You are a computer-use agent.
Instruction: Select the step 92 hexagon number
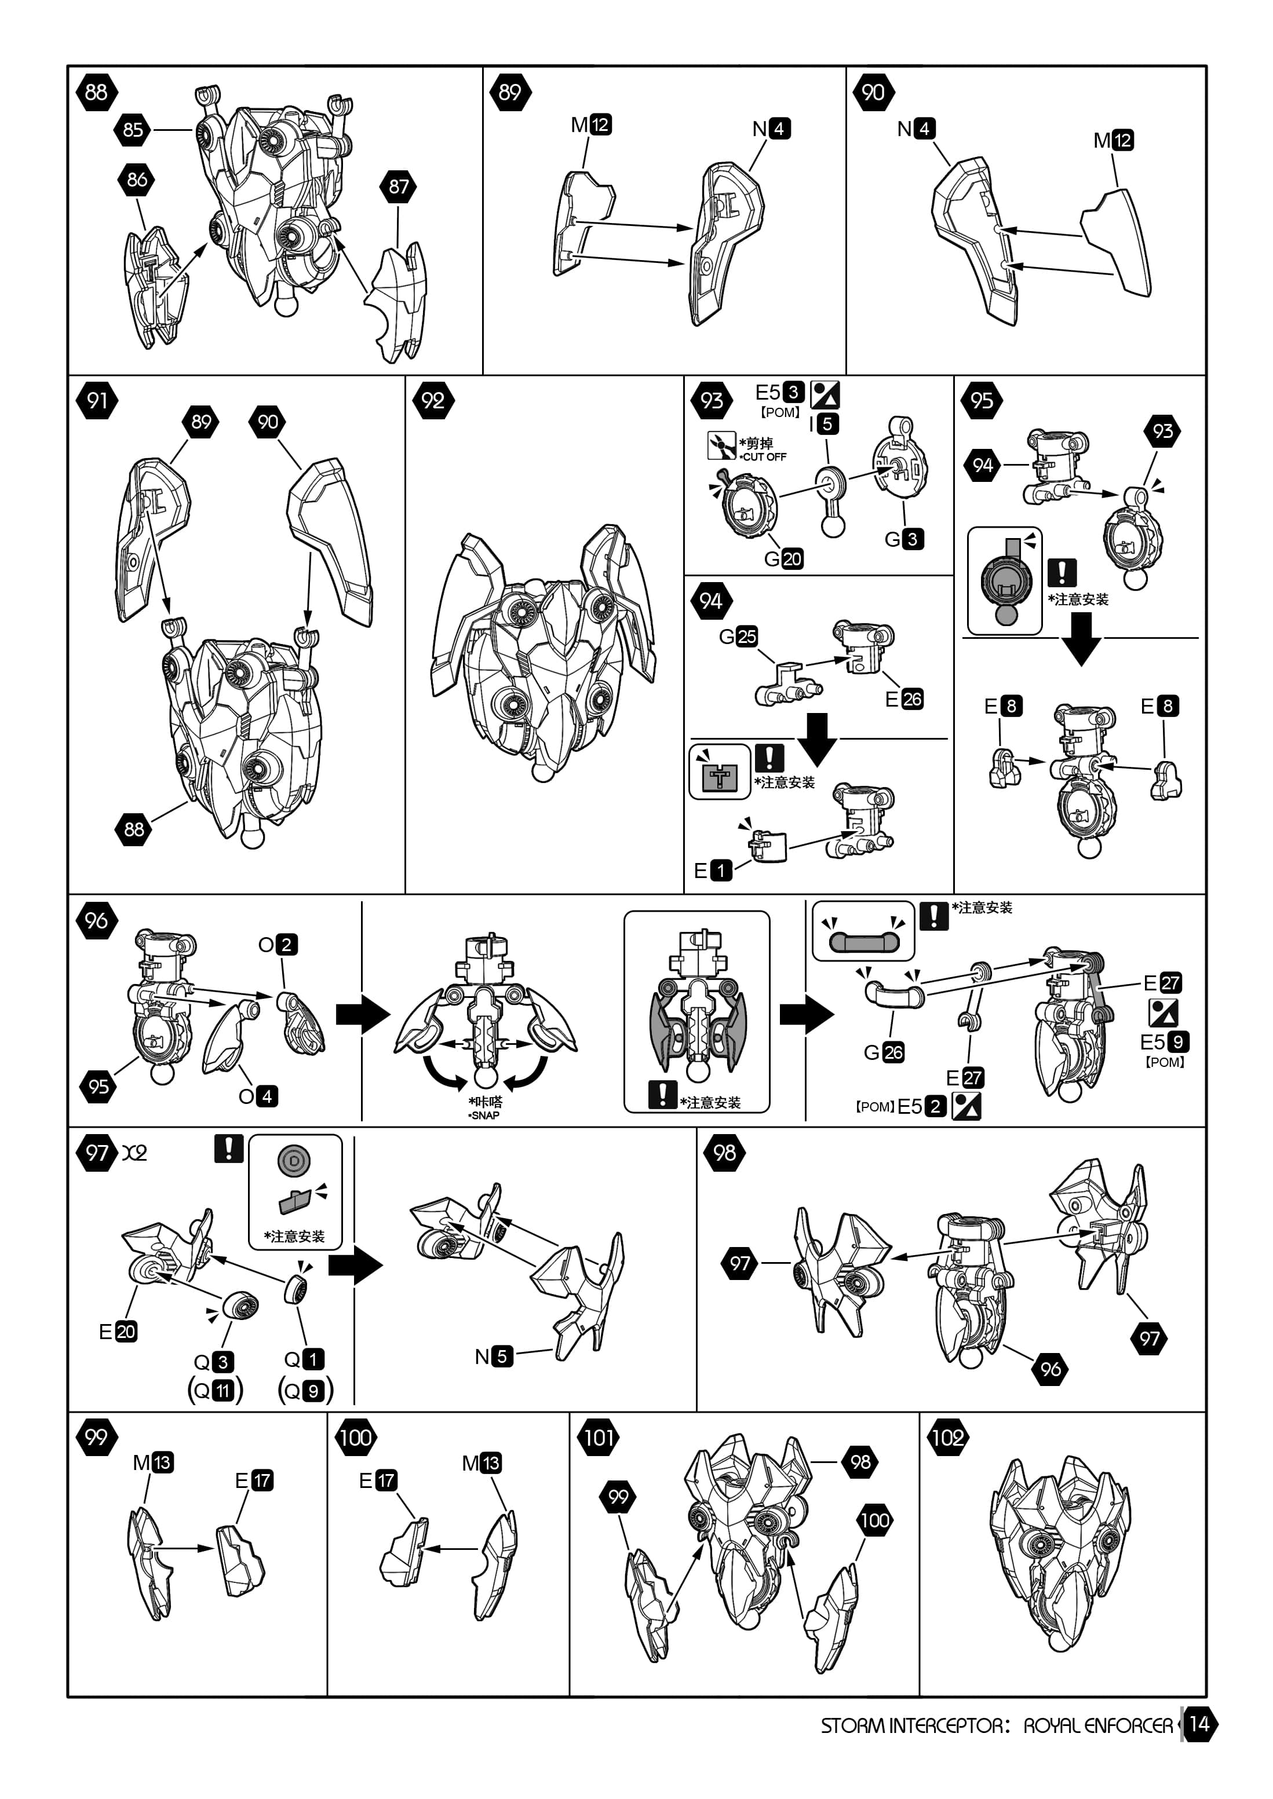[x=433, y=401]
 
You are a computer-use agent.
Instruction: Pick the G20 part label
[x=783, y=559]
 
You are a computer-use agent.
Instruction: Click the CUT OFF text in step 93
[x=764, y=457]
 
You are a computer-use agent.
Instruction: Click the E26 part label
[x=904, y=699]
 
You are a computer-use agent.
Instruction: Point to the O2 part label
[x=278, y=944]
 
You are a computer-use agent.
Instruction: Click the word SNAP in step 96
[x=484, y=1115]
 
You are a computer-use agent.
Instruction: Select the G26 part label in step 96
[x=884, y=1052]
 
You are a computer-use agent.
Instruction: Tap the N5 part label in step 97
[x=494, y=1356]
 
